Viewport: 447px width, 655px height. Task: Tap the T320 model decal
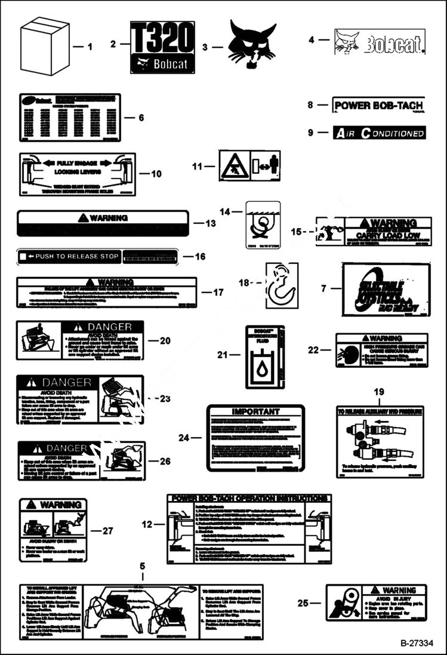[162, 47]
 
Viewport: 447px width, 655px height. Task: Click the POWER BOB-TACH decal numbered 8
[378, 106]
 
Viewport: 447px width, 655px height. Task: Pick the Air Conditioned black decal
[379, 133]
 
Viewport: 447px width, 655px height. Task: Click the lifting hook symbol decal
[281, 285]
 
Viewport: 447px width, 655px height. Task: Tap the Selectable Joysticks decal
[386, 290]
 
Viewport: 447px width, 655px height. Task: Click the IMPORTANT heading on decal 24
[255, 412]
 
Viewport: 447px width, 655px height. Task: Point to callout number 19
[378, 392]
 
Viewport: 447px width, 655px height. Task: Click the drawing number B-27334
[415, 643]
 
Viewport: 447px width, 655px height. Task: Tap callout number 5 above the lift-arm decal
[142, 565]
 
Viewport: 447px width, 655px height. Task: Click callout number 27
[107, 530]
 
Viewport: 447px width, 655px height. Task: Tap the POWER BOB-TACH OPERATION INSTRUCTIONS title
[249, 498]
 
